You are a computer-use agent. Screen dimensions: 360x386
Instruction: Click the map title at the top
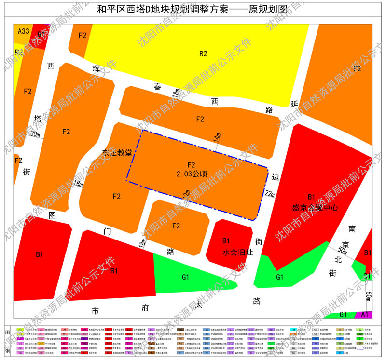(x=193, y=9)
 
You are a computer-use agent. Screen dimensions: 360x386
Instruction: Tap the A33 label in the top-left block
(x=24, y=31)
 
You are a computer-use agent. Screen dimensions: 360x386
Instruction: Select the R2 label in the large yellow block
(x=203, y=53)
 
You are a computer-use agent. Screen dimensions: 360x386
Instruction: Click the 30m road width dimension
(x=35, y=134)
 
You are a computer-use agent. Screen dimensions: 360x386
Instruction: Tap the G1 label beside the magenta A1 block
(x=344, y=315)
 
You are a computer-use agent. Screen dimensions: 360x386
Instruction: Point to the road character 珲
(x=96, y=68)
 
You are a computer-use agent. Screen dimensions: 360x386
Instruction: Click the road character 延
(x=295, y=103)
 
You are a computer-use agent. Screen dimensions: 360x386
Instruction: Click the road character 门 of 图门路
(x=107, y=231)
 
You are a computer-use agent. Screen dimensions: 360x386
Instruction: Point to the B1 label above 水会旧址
(x=226, y=240)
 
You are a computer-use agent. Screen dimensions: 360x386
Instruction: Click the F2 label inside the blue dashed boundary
(x=192, y=165)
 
